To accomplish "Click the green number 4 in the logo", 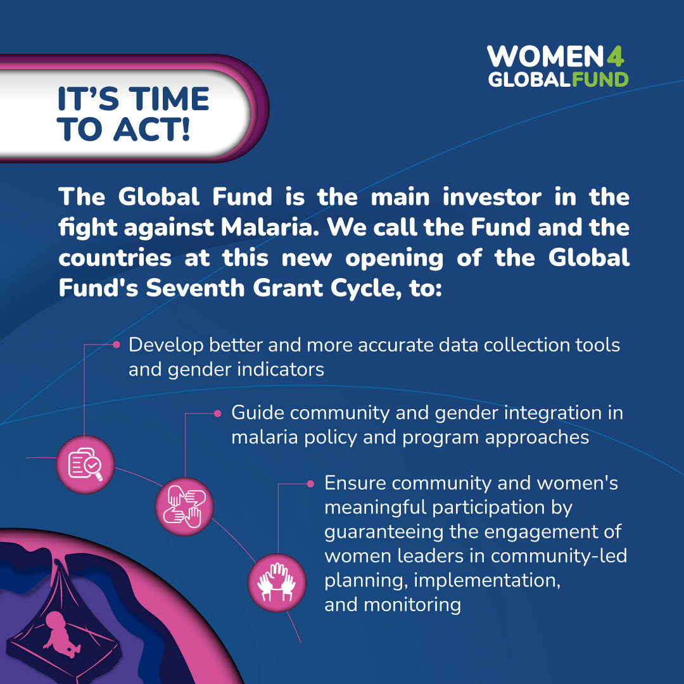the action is [614, 56].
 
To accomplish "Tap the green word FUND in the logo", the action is [600, 79].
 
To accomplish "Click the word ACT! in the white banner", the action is [152, 130].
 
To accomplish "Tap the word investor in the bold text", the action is [492, 197].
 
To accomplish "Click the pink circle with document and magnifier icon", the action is [85, 465].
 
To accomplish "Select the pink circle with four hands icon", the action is [184, 507].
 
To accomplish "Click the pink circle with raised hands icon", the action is [277, 583].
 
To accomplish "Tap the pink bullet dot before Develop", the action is [116, 345].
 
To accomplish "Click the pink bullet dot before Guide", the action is [218, 414].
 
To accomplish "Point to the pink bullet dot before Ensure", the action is [310, 484].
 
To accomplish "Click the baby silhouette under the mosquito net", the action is [61, 635].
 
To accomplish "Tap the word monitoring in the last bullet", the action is [412, 605].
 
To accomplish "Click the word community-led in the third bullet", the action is [559, 556].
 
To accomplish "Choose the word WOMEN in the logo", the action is [545, 56].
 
